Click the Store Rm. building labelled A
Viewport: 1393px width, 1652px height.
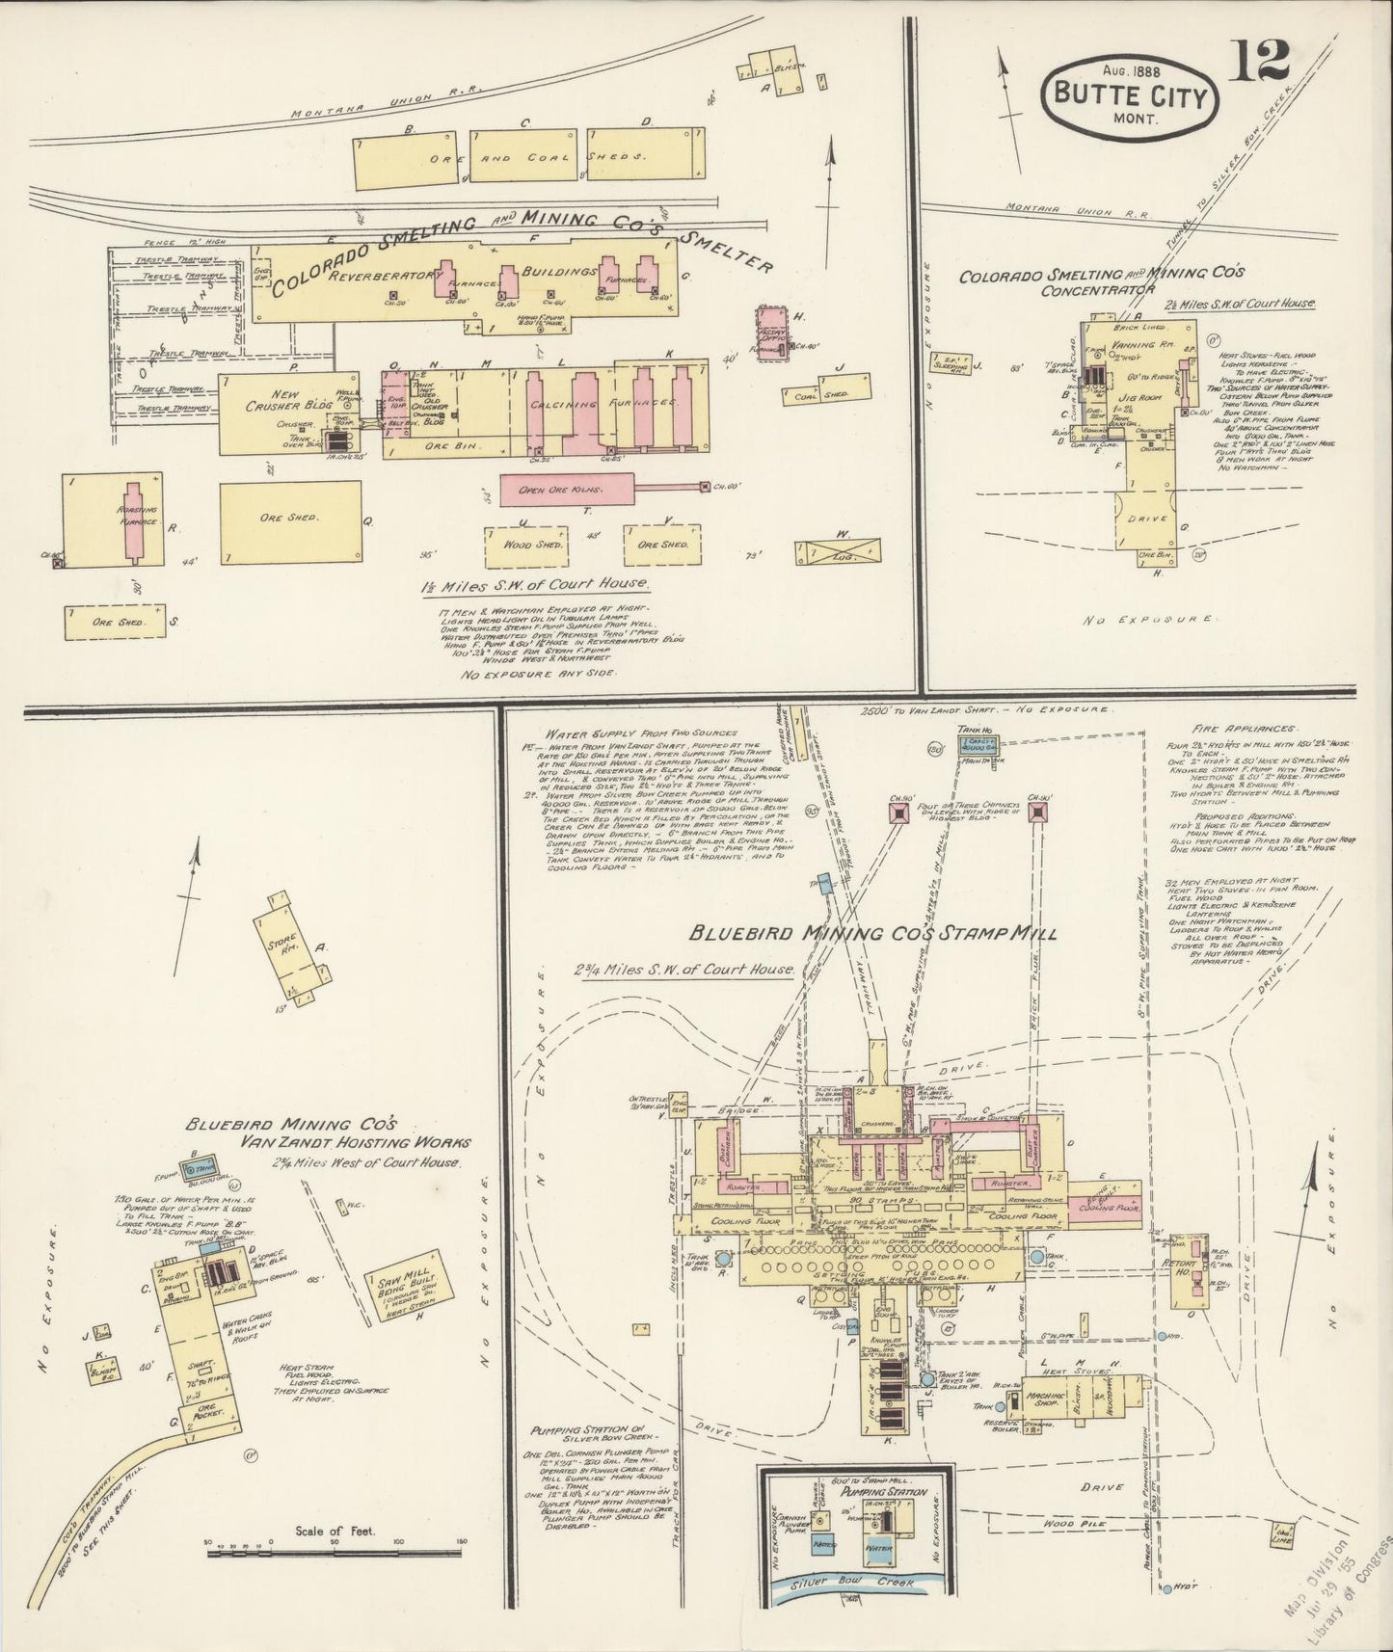click(x=290, y=946)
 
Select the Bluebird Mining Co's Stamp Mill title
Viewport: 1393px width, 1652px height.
click(x=873, y=933)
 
